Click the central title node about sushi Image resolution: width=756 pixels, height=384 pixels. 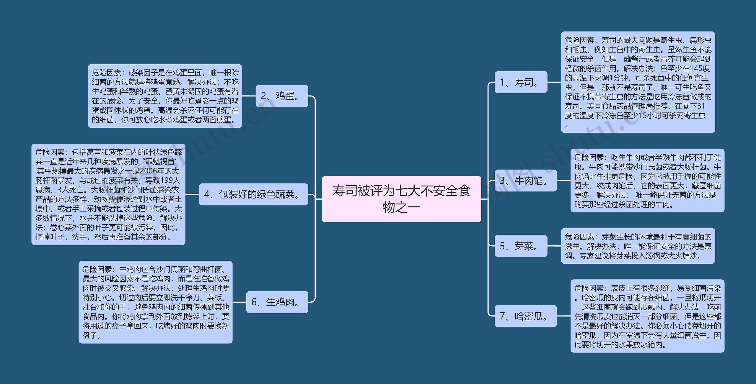(x=401, y=199)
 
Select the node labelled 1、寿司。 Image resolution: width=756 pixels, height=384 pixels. (x=521, y=82)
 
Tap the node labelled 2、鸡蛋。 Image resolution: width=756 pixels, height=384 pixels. (x=281, y=96)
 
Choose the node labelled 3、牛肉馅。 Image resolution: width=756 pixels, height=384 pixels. (x=525, y=180)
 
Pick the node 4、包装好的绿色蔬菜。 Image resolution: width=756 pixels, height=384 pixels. (x=253, y=194)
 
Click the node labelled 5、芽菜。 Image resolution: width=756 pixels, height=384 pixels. (x=521, y=246)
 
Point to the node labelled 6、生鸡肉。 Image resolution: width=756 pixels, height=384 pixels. (x=277, y=302)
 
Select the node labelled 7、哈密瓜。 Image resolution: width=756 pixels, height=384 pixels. (x=525, y=316)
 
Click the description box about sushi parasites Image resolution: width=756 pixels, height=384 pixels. (x=638, y=82)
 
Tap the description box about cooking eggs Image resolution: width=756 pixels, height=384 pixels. (x=165, y=96)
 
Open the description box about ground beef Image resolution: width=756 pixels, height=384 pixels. (x=647, y=180)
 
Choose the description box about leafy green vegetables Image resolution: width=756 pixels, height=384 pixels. (x=108, y=194)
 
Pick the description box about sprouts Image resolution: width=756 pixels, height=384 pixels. (x=638, y=246)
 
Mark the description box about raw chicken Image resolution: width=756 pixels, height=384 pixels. (x=155, y=302)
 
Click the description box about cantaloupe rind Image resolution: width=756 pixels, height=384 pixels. (x=647, y=316)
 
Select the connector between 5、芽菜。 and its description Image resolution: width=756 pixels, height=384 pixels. (x=554, y=246)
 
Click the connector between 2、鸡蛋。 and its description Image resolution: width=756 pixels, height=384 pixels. (x=249, y=96)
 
